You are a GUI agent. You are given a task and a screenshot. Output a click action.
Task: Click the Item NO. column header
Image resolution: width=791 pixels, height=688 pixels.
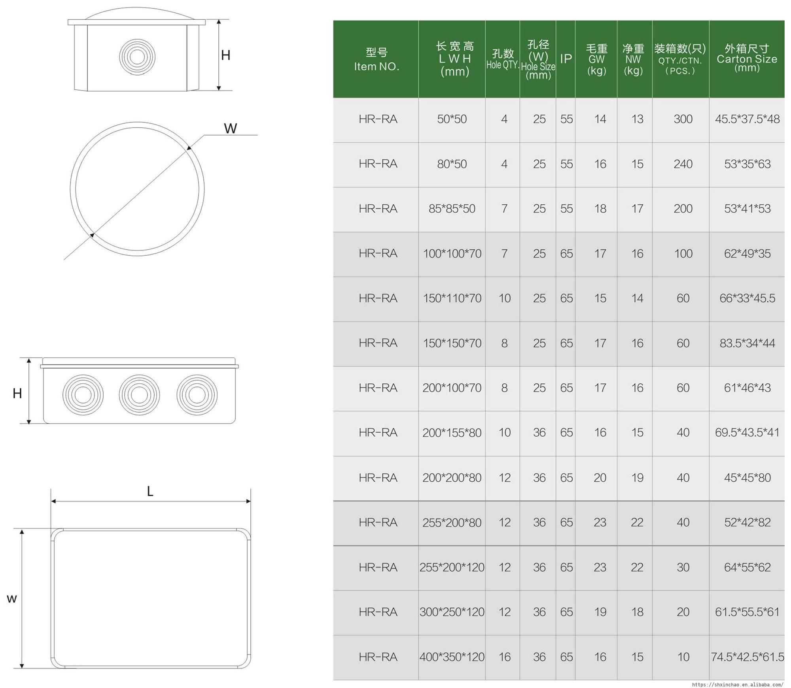coord(377,59)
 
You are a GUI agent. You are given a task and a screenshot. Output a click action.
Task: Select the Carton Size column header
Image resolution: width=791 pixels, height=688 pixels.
coord(747,58)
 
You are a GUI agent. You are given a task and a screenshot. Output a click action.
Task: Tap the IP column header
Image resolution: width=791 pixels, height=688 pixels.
coord(566,59)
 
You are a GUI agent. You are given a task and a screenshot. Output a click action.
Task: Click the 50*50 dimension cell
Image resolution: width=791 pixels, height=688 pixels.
coord(452,119)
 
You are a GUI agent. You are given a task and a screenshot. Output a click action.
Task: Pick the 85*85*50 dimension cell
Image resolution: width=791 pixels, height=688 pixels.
coord(452,209)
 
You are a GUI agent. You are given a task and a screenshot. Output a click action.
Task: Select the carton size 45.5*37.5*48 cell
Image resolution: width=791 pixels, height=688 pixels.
coord(747,119)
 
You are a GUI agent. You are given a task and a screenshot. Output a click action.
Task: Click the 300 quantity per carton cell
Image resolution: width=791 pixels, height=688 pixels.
coord(683,119)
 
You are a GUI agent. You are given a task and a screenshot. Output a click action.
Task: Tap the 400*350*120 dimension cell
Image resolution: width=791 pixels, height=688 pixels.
coord(452,657)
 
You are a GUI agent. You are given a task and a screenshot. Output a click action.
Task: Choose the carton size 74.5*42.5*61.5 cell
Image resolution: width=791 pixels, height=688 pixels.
coord(747,657)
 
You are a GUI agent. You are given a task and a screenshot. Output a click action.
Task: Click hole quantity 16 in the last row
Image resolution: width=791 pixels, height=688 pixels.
coord(504,657)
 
